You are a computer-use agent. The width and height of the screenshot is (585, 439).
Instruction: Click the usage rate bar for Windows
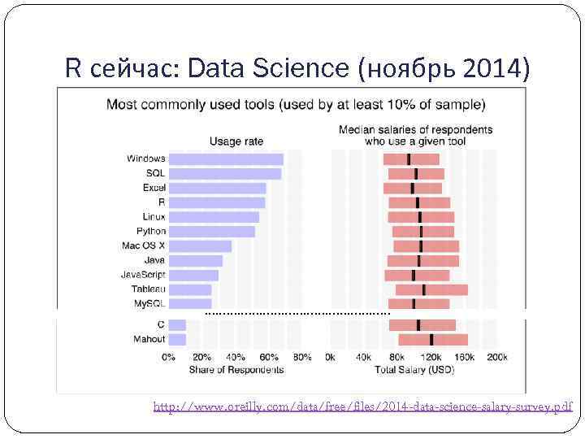click(226, 159)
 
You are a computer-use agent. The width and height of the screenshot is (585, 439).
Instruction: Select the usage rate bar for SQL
click(225, 174)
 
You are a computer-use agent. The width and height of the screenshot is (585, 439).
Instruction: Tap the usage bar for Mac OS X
click(200, 246)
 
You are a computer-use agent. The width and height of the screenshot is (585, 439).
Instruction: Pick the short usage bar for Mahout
click(177, 339)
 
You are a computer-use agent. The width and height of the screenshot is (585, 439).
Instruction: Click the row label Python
click(150, 232)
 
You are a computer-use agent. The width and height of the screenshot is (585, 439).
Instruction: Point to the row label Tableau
click(148, 289)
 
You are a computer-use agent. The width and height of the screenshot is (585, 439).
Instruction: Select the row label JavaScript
click(143, 275)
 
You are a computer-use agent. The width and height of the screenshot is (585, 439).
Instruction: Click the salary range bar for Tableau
click(431, 289)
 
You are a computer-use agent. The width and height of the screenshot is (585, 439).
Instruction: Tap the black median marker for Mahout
click(431, 339)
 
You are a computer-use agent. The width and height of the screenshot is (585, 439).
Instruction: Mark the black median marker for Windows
click(409, 159)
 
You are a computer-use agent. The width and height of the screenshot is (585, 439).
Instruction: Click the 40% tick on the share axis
click(236, 357)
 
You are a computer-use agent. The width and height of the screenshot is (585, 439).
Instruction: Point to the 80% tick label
click(301, 357)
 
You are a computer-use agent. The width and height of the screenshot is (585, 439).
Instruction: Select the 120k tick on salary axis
click(431, 357)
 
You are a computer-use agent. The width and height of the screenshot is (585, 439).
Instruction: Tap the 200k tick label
click(496, 357)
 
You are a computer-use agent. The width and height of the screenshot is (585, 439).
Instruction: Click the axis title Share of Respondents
click(236, 369)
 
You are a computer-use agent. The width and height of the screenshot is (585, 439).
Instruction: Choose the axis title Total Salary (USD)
click(414, 369)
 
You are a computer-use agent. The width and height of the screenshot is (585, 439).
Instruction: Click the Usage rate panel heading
click(236, 141)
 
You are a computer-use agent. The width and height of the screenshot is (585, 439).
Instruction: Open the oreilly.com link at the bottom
click(362, 406)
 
